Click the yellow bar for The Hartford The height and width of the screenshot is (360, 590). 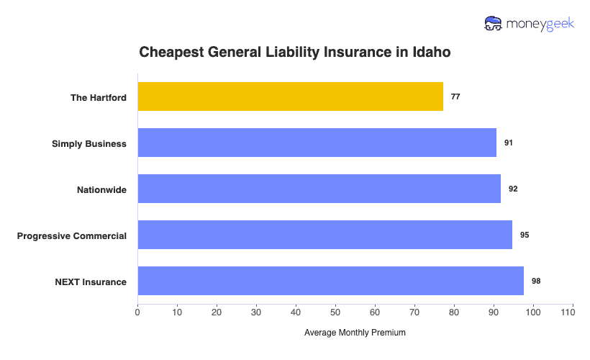pos(290,96)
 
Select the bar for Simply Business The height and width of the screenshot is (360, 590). pos(317,143)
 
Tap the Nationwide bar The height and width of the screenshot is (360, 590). pos(319,189)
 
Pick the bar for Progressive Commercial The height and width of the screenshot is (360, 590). pos(324,235)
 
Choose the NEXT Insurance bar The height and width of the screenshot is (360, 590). pos(330,281)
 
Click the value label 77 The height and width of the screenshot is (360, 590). pos(455,96)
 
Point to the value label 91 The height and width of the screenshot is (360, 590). pos(509,143)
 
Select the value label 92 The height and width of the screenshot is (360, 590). pos(513,189)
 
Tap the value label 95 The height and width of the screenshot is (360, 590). pos(525,235)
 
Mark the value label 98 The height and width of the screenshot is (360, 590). pos(536,281)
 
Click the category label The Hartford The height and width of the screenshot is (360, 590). pos(98,97)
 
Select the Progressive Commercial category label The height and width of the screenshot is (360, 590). pos(72,235)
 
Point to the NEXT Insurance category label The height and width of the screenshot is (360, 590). pos(91,282)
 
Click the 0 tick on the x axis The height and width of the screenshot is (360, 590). pos(137,312)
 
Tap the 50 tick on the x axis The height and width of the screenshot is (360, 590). pos(335,312)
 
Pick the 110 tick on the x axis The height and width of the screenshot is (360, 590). pos(572,312)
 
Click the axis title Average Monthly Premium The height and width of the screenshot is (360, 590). pos(355,333)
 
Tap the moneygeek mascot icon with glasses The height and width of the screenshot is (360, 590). pos(494,24)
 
